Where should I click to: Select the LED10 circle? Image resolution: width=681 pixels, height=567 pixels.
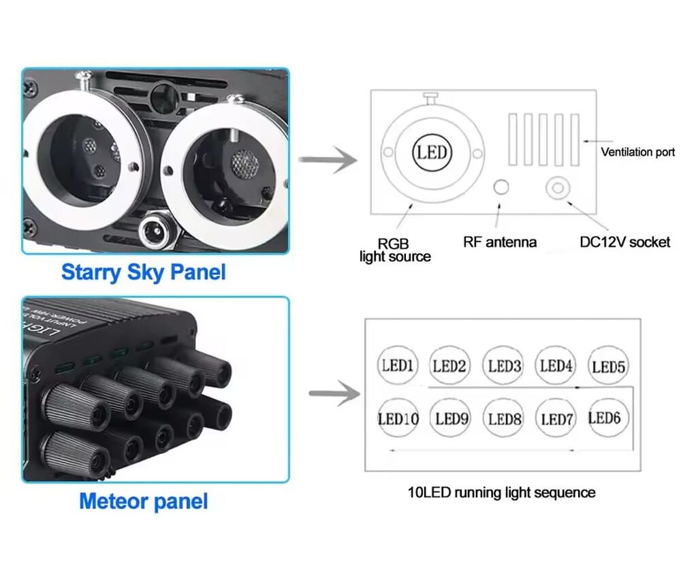click(x=398, y=418)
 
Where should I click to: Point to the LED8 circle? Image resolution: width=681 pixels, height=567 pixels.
click(x=505, y=418)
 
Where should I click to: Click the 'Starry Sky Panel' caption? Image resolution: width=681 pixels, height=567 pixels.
click(x=143, y=272)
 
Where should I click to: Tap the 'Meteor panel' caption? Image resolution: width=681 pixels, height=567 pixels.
click(x=143, y=502)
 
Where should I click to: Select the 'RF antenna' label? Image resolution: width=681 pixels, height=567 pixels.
click(x=500, y=242)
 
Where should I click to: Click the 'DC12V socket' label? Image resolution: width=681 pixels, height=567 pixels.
click(x=625, y=242)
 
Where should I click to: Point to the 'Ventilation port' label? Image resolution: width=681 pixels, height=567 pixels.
click(x=637, y=152)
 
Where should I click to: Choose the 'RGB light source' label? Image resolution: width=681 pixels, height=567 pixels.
click(x=395, y=250)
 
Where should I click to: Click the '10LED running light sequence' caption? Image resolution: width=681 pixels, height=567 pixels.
click(x=501, y=492)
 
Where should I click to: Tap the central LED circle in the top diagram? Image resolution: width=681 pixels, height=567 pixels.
click(x=432, y=152)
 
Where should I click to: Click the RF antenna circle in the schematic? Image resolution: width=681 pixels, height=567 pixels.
click(x=501, y=187)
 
